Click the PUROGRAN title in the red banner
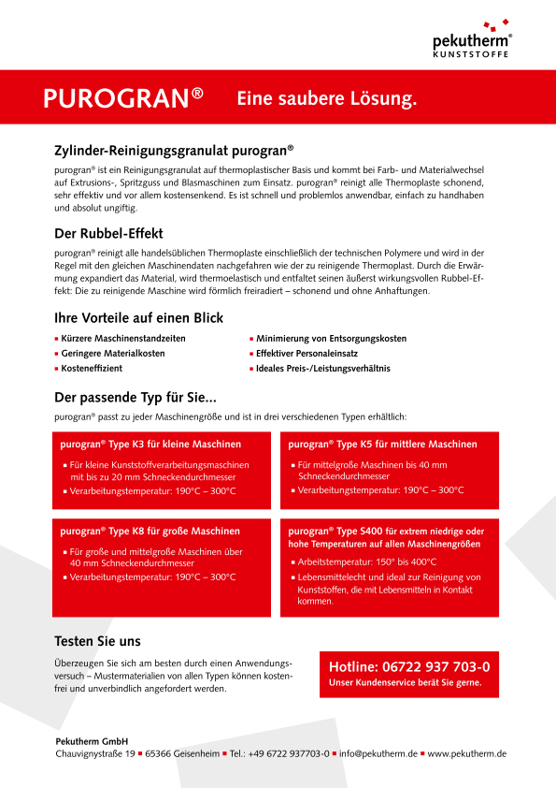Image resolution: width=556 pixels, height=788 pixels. pos(123,98)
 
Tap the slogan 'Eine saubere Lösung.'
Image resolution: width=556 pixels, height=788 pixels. pos(326,98)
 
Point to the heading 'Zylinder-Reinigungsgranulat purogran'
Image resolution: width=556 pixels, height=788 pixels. pos(174,149)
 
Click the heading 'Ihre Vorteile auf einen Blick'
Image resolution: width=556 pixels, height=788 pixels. pos(139,317)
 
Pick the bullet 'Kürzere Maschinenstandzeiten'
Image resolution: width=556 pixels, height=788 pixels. pos(123,338)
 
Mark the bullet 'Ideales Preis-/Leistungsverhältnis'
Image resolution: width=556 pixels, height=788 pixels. pos(323,369)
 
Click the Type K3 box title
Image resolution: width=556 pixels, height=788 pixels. pos(150,444)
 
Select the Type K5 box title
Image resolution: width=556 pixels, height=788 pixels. pos(382,444)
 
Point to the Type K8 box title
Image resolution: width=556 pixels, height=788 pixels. pos(150,531)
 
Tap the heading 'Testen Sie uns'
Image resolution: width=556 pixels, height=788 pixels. pos(98,641)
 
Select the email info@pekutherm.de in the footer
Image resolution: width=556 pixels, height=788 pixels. pos(378,753)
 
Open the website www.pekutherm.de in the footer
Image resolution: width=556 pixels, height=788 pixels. pos(466,753)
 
